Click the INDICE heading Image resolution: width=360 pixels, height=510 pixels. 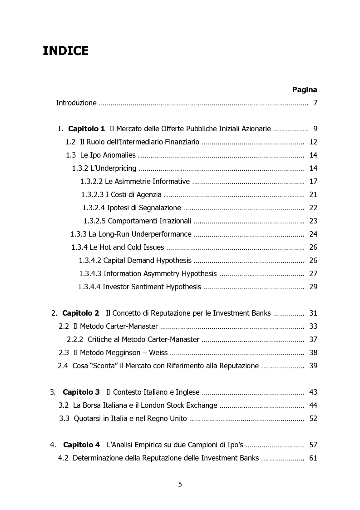[65, 51]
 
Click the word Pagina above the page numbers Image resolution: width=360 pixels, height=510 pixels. [304, 89]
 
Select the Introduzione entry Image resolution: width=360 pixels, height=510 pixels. [76, 103]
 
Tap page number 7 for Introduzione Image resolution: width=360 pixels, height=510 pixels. [315, 103]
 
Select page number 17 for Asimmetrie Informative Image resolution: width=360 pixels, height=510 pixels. [313, 182]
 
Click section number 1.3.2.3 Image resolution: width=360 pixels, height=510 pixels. [92, 195]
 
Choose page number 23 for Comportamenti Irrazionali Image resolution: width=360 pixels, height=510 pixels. [313, 221]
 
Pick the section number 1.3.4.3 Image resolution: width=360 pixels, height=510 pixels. [90, 273]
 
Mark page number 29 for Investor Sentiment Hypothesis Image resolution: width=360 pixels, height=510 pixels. [313, 287]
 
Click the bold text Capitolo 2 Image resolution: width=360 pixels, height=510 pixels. [80, 313]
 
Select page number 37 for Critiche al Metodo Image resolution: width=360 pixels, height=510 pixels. [313, 339]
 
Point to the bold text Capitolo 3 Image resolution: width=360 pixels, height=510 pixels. [81, 392]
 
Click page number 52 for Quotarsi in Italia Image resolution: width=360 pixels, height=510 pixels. [313, 418]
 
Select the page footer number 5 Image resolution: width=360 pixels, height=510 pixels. [180, 485]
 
